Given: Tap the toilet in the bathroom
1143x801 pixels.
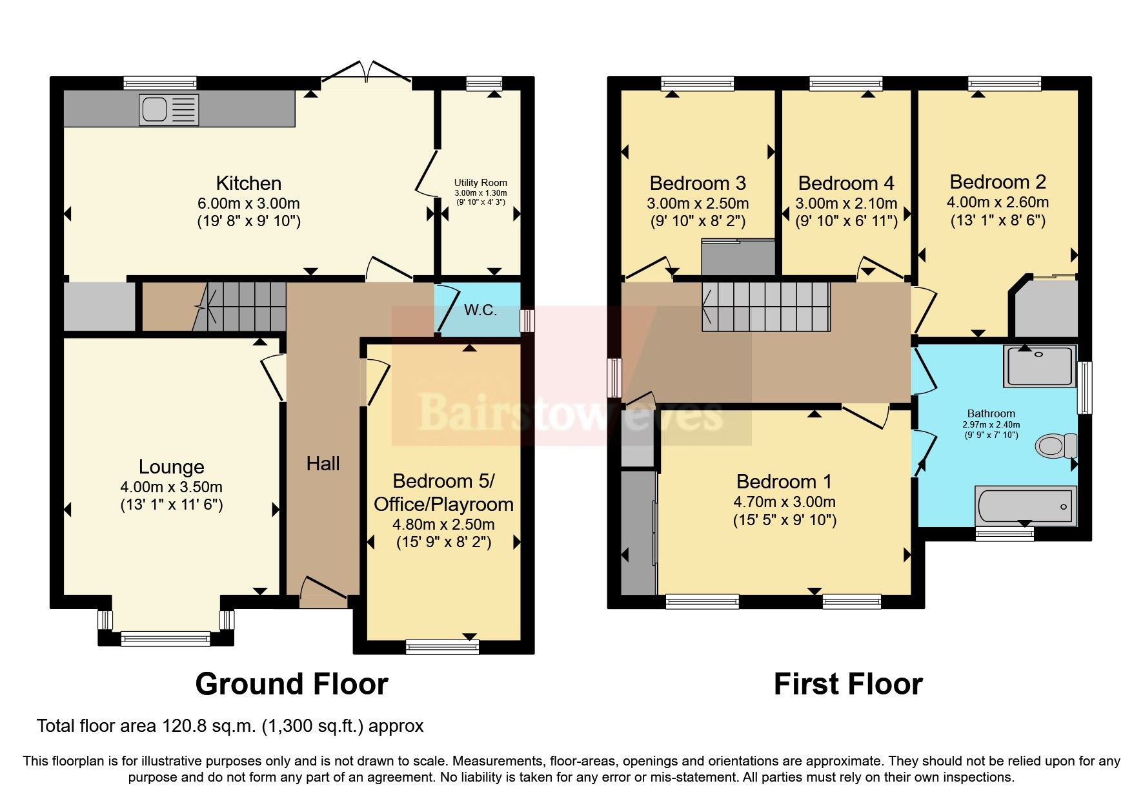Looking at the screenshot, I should coord(1056,445).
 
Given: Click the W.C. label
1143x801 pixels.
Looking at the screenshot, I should coord(480,311).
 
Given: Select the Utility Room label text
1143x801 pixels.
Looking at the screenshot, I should coord(480,183).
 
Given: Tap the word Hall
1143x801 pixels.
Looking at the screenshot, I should coord(323,463).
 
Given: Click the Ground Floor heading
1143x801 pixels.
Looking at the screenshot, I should coord(291,684).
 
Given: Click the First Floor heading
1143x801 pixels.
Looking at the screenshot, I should coord(847,684).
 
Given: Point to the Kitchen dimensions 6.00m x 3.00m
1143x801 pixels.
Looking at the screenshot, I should coord(248,203).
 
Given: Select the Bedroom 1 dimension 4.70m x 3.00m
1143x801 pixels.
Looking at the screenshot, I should coord(784,502).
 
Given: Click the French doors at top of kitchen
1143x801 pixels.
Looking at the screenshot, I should coord(366,72).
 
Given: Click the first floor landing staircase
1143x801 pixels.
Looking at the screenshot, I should coord(765,306).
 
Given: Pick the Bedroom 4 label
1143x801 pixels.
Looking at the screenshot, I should coord(846,183).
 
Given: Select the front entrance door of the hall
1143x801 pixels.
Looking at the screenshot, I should coord(323,594).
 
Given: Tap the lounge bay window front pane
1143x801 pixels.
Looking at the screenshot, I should coord(166,639).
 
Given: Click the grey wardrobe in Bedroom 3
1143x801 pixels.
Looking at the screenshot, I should coord(738,258).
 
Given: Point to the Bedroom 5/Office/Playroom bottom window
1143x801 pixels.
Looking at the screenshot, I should coord(442,647).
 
